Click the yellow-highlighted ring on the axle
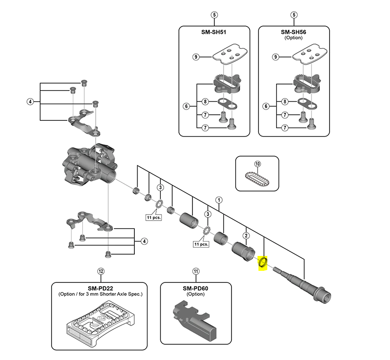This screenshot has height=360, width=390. pyautogui.click(x=262, y=263)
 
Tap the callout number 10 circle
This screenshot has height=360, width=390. pyautogui.click(x=258, y=164)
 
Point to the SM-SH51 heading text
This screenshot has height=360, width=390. pyautogui.click(x=214, y=33)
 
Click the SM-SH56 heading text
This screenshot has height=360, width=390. pyautogui.click(x=294, y=33)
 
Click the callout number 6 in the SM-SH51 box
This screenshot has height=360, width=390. pyautogui.click(x=186, y=107)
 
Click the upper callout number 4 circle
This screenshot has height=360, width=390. pyautogui.click(x=30, y=102)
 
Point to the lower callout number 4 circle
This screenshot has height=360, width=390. pyautogui.click(x=145, y=241)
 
